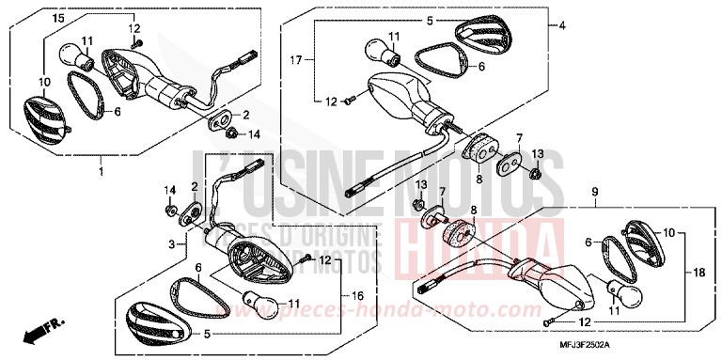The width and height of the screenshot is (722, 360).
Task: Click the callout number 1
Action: point(99,172)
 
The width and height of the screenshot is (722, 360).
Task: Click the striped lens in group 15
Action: point(43,111)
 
